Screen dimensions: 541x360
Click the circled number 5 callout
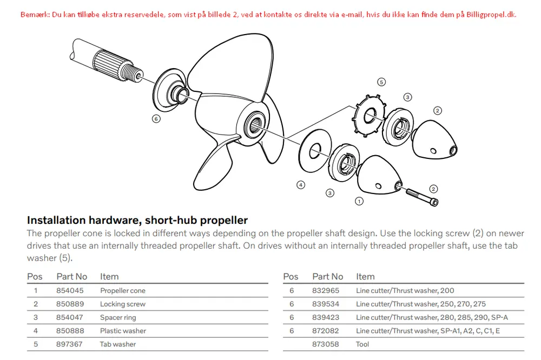[381, 82]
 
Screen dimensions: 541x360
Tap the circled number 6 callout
[156, 119]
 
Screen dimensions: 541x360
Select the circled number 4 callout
[301, 185]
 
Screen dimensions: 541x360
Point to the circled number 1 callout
[359, 201]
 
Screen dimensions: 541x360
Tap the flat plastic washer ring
[315, 151]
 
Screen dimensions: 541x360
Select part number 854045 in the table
[70, 291]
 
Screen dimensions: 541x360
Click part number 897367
[69, 344]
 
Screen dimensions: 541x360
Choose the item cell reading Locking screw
[123, 304]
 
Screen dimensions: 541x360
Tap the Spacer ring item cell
[118, 318]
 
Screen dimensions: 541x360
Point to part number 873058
[325, 344]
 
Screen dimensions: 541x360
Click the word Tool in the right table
[362, 344]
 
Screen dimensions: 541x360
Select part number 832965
[326, 291]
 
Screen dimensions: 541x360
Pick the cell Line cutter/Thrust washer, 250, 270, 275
[421, 304]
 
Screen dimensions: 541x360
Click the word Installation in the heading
[56, 221]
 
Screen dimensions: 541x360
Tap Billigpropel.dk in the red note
[491, 15]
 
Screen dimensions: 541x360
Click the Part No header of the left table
[72, 277]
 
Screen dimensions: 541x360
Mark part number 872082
[325, 331]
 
